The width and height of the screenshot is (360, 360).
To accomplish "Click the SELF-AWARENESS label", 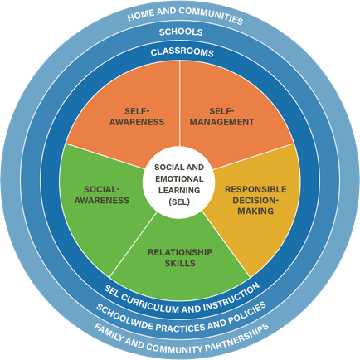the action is click(x=137, y=117).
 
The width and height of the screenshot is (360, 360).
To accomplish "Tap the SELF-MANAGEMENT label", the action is click(x=221, y=117).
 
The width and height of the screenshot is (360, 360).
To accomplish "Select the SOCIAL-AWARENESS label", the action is click(x=102, y=195).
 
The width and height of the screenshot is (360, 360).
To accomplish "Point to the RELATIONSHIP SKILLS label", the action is click(x=180, y=258).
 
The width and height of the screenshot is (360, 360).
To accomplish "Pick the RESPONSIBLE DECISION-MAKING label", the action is click(x=255, y=200).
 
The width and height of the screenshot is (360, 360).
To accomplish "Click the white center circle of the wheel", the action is click(x=179, y=182).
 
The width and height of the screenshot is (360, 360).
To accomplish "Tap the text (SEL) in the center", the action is click(x=179, y=202).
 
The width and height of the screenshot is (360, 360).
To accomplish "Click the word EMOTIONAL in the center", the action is click(x=179, y=179).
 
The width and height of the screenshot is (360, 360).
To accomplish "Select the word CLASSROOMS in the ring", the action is click(x=182, y=52).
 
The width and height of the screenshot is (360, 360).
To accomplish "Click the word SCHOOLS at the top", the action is click(x=181, y=32).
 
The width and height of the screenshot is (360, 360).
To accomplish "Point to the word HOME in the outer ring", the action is click(x=139, y=16).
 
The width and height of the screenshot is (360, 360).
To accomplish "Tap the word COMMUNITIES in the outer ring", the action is click(x=210, y=15).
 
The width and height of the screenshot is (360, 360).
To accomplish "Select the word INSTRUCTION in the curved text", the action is click(x=232, y=298).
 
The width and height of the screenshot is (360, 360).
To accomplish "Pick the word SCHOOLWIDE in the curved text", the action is click(x=124, y=318).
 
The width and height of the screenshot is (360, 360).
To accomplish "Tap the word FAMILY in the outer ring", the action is click(x=109, y=334).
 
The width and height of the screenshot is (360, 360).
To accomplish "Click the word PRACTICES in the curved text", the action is click(x=181, y=328).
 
